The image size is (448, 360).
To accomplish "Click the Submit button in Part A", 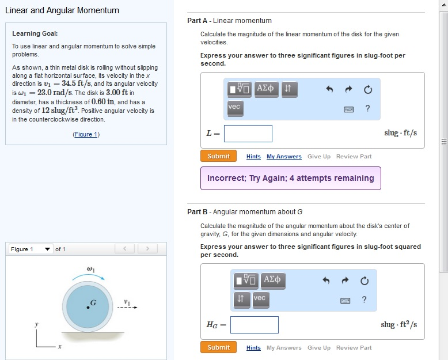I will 218,156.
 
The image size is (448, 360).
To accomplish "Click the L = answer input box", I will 248,134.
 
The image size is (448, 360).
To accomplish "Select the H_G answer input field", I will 255,325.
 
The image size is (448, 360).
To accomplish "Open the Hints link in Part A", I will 253,157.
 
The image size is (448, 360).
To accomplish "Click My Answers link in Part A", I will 284,157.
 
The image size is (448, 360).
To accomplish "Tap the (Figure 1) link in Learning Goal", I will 86,134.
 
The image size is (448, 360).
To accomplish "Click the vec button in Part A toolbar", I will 234,107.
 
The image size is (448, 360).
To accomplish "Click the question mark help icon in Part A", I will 367,108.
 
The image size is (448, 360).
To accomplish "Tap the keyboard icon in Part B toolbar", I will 348,300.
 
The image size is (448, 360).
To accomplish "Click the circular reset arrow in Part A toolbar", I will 368,89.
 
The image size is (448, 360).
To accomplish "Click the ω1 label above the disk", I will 90,269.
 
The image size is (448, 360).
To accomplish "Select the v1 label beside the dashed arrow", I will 127,301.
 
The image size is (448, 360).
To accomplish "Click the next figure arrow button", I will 147,249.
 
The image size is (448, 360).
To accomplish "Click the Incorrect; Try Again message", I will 290,178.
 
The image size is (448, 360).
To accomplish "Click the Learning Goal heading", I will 35,33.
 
